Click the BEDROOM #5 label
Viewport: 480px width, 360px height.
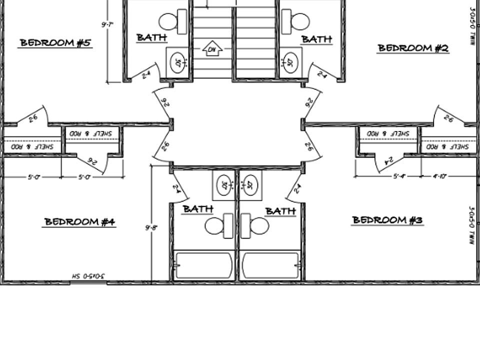55,43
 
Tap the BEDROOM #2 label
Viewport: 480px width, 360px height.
413,48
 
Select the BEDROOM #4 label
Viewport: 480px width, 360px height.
80,221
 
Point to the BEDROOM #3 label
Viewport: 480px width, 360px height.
387,220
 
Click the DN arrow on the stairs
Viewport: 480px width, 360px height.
212,49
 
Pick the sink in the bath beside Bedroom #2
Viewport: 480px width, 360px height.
290,63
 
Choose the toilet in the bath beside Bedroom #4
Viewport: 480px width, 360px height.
219,225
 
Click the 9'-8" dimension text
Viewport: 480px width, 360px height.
151,228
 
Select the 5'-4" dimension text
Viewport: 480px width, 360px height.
398,176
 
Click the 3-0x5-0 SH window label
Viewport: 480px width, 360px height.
88,276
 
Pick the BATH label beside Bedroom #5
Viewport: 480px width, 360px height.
151,37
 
